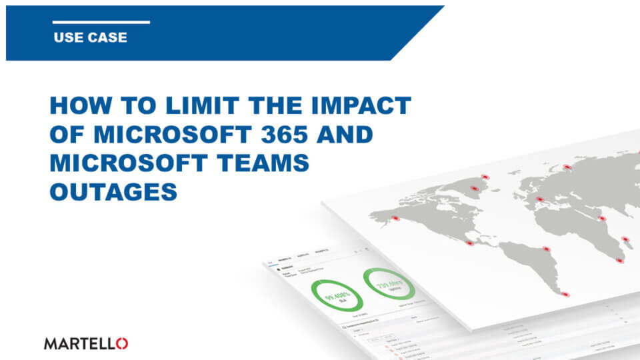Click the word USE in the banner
tap(67, 37)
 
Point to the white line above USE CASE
tap(101, 22)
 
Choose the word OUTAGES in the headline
tap(113, 192)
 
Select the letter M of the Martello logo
tap(51, 343)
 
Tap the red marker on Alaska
tap(395, 218)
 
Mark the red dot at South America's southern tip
tap(566, 294)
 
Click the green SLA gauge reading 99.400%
tap(333, 296)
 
